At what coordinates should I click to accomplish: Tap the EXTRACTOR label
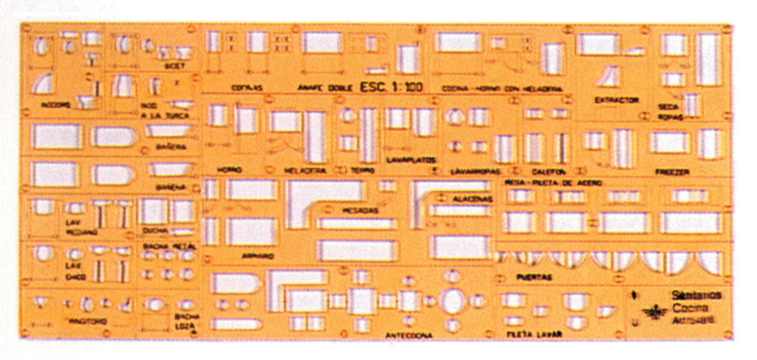(x=617, y=100)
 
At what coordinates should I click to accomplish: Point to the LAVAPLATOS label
(x=410, y=160)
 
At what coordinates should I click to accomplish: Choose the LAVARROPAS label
(x=476, y=171)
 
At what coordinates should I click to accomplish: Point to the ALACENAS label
(x=472, y=199)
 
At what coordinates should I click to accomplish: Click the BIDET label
(x=175, y=66)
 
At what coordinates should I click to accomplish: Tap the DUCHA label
(x=154, y=231)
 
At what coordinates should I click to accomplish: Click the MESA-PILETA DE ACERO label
(x=553, y=182)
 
